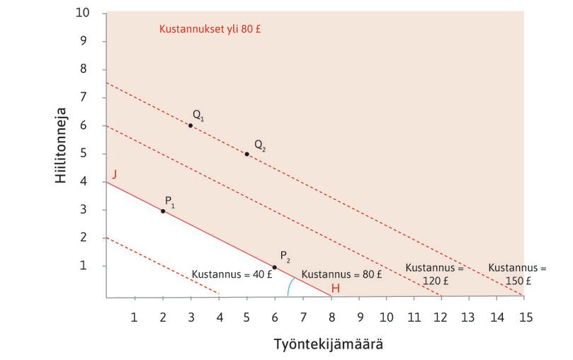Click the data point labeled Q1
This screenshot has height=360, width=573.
191,125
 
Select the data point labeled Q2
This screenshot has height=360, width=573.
246,154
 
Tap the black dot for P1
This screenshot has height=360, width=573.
163,211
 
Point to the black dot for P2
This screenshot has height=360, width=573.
275,267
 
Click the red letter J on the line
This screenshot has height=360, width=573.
114,173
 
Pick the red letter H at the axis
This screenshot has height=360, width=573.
336,288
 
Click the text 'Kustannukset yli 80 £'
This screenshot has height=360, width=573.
205,30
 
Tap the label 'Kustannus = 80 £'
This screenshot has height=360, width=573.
342,274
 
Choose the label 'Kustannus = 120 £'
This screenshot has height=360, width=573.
434,274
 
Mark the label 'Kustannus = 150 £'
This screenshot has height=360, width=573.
518,274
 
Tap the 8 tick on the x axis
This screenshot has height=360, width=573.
331,315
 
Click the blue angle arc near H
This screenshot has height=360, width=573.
290,286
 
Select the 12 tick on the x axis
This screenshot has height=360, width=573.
441,315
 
